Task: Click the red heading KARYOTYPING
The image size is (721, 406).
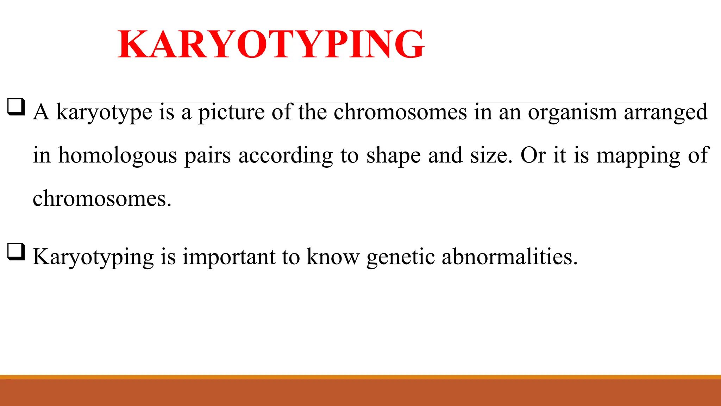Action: (x=271, y=44)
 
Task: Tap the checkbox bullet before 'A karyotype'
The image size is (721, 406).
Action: (x=16, y=107)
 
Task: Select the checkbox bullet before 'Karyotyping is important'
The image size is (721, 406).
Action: (x=16, y=252)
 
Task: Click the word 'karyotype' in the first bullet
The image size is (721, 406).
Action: (x=104, y=113)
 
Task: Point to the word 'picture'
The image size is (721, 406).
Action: (x=231, y=113)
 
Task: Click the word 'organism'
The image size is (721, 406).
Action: (x=572, y=113)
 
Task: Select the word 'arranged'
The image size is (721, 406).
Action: (x=666, y=113)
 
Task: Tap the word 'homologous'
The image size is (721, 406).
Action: (x=117, y=156)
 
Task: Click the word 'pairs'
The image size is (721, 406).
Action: (x=207, y=156)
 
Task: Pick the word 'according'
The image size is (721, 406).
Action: (x=286, y=156)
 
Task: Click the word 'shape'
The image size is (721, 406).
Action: (x=393, y=156)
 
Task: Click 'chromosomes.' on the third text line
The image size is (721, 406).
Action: (x=102, y=199)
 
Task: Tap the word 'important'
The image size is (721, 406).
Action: (x=229, y=257)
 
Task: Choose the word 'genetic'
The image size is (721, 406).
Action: (x=400, y=257)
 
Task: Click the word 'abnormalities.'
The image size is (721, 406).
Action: (x=510, y=257)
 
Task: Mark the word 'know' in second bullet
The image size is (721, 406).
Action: (x=333, y=257)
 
